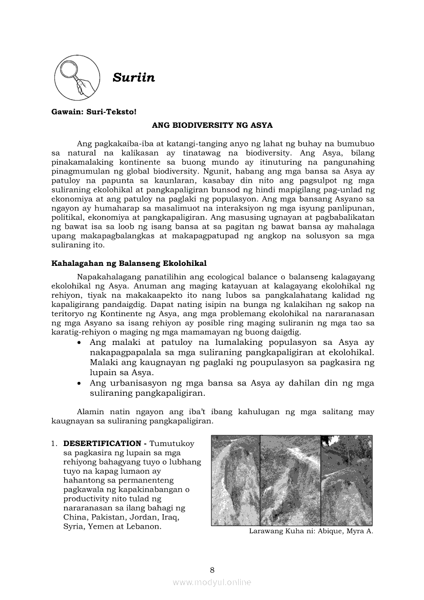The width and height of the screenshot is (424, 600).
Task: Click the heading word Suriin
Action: click(x=133, y=78)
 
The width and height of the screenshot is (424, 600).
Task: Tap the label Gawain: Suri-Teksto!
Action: click(x=94, y=111)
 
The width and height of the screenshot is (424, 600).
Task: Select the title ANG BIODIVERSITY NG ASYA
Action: click(x=212, y=125)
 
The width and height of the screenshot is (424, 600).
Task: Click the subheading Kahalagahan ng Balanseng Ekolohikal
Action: click(x=129, y=263)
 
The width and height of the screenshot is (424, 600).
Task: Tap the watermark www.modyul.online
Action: click(x=212, y=582)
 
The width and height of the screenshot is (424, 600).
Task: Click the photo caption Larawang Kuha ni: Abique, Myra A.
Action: click(x=311, y=531)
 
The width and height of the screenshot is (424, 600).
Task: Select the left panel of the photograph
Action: click(x=236, y=480)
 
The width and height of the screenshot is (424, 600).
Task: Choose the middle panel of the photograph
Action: click(x=290, y=480)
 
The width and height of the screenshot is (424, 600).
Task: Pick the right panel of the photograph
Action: click(x=346, y=480)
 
